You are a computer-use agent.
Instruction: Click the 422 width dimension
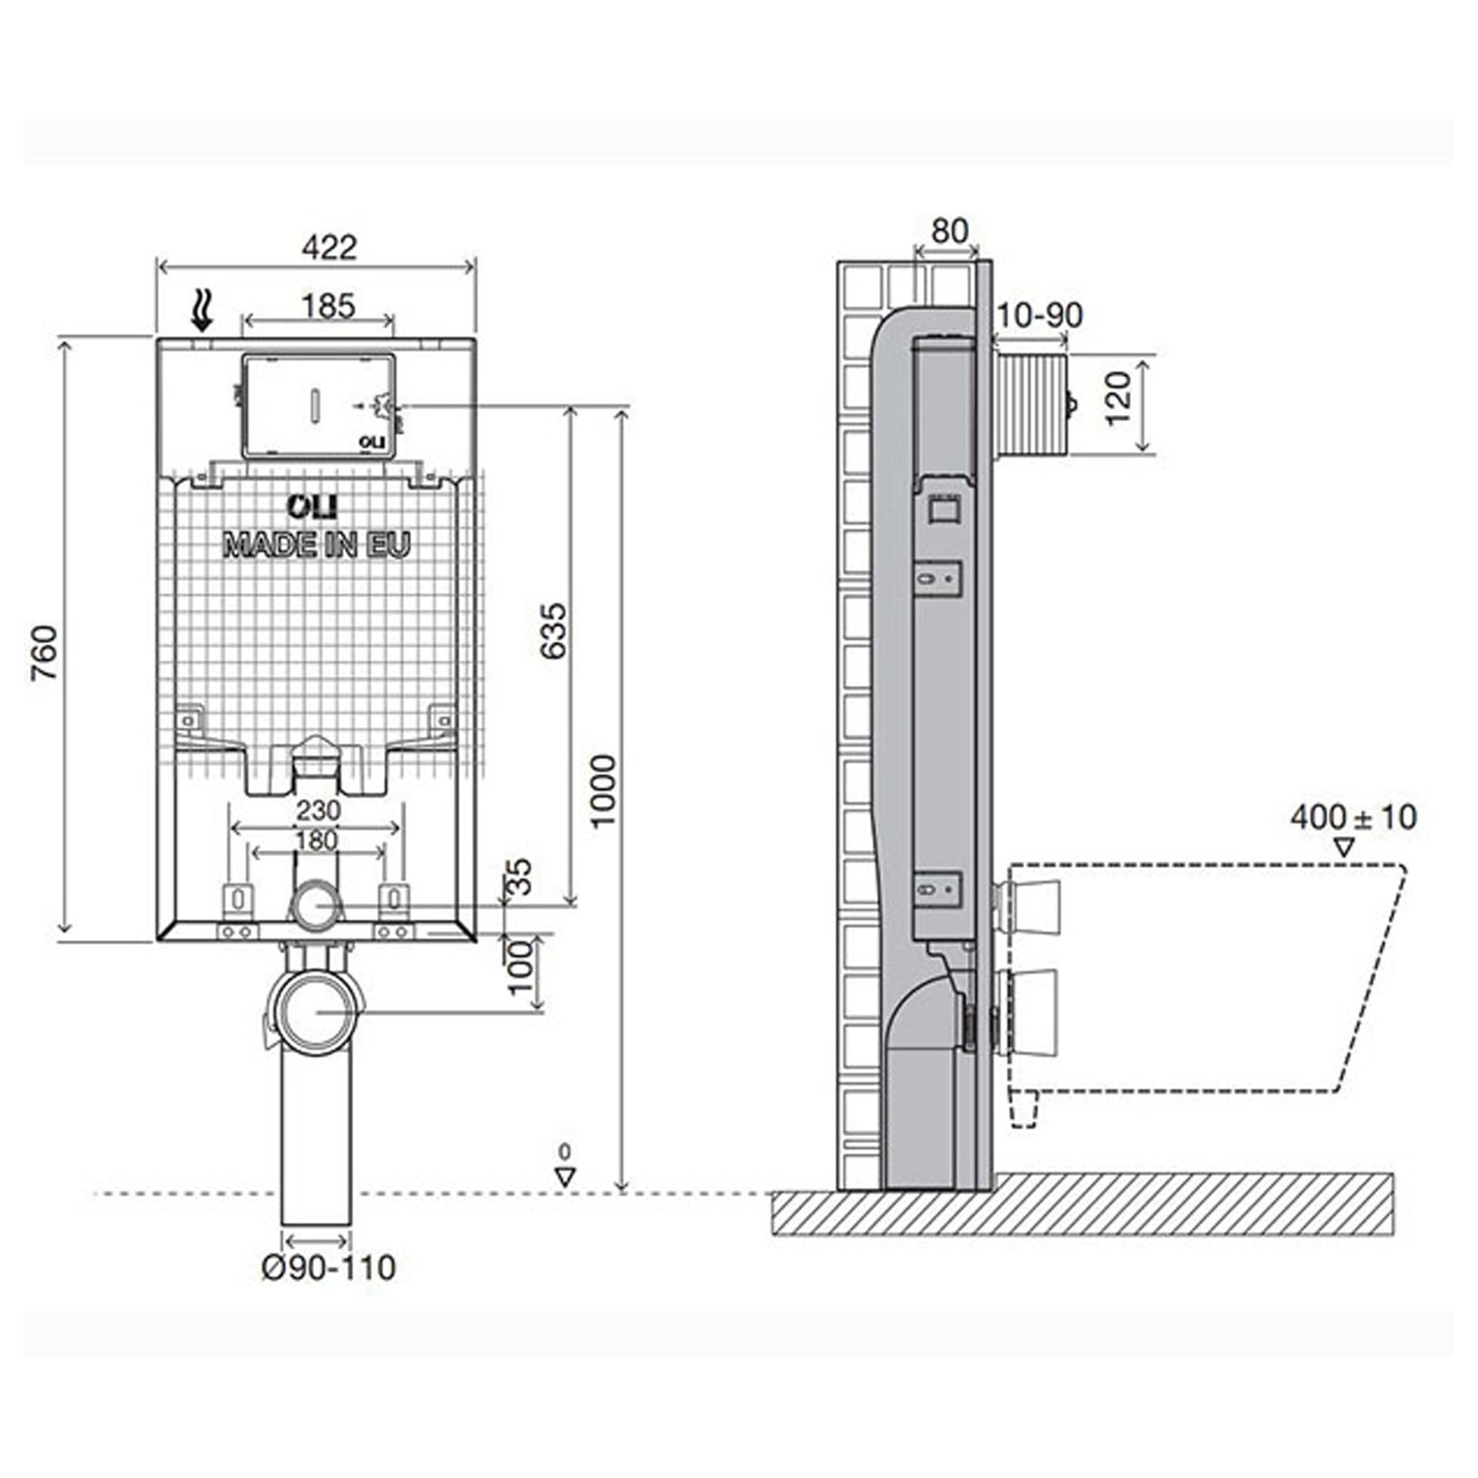tap(329, 248)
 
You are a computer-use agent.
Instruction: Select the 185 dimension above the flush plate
tap(328, 306)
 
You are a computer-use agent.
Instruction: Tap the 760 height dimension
tap(45, 653)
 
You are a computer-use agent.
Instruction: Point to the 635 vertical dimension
tap(553, 631)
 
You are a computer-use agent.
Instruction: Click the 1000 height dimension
tap(605, 791)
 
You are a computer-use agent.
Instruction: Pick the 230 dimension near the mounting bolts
tap(318, 811)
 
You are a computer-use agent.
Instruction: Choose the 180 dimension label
tap(316, 841)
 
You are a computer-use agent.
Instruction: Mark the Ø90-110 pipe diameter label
tap(329, 1268)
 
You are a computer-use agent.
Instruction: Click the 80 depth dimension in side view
tap(949, 230)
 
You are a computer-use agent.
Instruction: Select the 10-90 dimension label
tap(1039, 315)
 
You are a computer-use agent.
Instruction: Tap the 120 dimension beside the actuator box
tap(1119, 398)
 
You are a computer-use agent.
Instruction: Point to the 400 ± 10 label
tap(1353, 818)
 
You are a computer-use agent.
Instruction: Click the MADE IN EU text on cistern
tap(316, 545)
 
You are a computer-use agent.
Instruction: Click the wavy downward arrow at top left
tap(202, 311)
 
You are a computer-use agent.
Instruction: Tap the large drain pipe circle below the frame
tap(316, 1012)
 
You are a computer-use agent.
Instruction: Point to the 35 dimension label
tap(522, 877)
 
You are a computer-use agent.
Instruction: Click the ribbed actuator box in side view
tap(1032, 406)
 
